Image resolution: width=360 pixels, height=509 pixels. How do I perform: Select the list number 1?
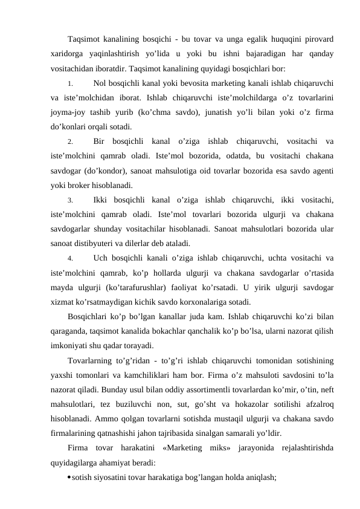tap(70, 83)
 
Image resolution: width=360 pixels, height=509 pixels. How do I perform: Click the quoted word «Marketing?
tap(187, 448)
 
